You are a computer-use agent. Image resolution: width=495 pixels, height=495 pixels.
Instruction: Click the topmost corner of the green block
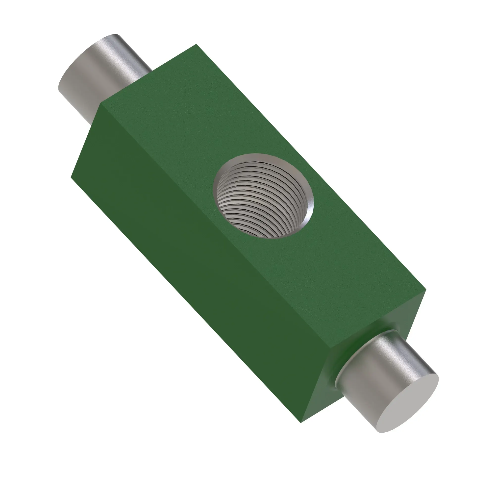point(196,44)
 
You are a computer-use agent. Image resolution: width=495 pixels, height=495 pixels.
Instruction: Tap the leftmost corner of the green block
point(71,177)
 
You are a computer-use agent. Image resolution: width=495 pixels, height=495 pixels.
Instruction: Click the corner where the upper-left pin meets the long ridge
point(101,104)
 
